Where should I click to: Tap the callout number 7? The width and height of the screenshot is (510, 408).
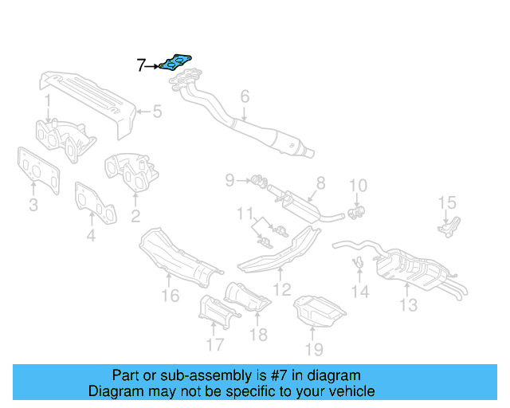(141, 66)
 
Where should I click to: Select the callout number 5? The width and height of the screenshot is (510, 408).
(157, 112)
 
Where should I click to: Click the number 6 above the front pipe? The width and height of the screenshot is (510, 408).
(245, 96)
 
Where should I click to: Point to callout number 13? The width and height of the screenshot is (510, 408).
(408, 304)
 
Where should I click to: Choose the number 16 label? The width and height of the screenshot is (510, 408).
(170, 297)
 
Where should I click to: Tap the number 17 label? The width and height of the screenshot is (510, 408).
(214, 346)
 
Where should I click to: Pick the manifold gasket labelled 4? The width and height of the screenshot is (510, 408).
(96, 202)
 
